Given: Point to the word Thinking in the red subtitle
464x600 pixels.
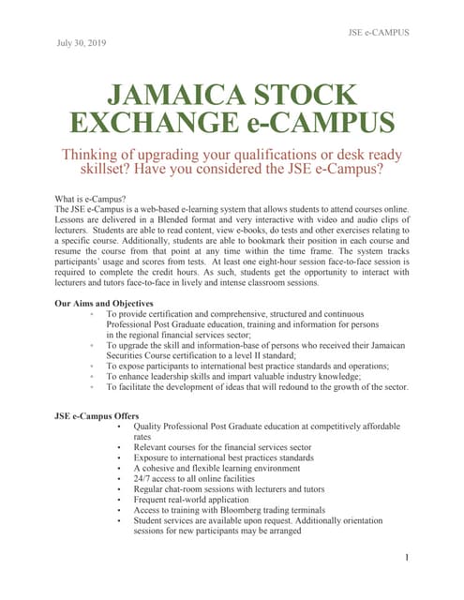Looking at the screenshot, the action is (x=91, y=155).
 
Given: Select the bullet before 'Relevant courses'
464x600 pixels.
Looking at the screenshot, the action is (x=119, y=448).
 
